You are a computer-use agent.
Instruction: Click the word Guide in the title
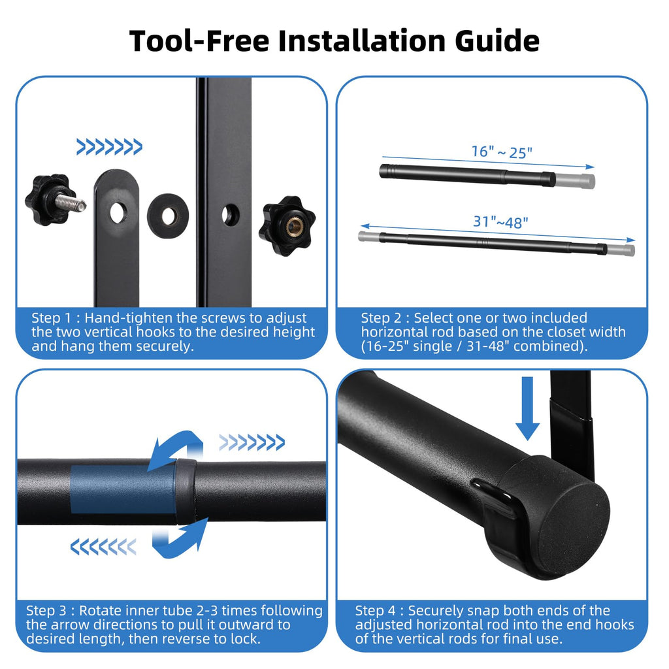(x=497, y=41)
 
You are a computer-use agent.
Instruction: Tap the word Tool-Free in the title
(x=199, y=41)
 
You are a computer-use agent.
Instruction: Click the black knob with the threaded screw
(x=54, y=200)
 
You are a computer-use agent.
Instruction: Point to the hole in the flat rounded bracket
(x=118, y=213)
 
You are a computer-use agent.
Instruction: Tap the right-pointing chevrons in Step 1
(x=109, y=147)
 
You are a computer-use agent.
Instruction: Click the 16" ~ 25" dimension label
(x=502, y=152)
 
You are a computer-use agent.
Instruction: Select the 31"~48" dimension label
(x=500, y=222)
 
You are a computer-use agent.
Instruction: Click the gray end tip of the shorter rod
(x=576, y=180)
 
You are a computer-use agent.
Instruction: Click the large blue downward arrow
(x=528, y=408)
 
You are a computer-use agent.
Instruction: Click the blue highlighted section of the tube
(x=123, y=489)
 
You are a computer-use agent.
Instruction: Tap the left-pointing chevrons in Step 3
(x=103, y=547)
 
